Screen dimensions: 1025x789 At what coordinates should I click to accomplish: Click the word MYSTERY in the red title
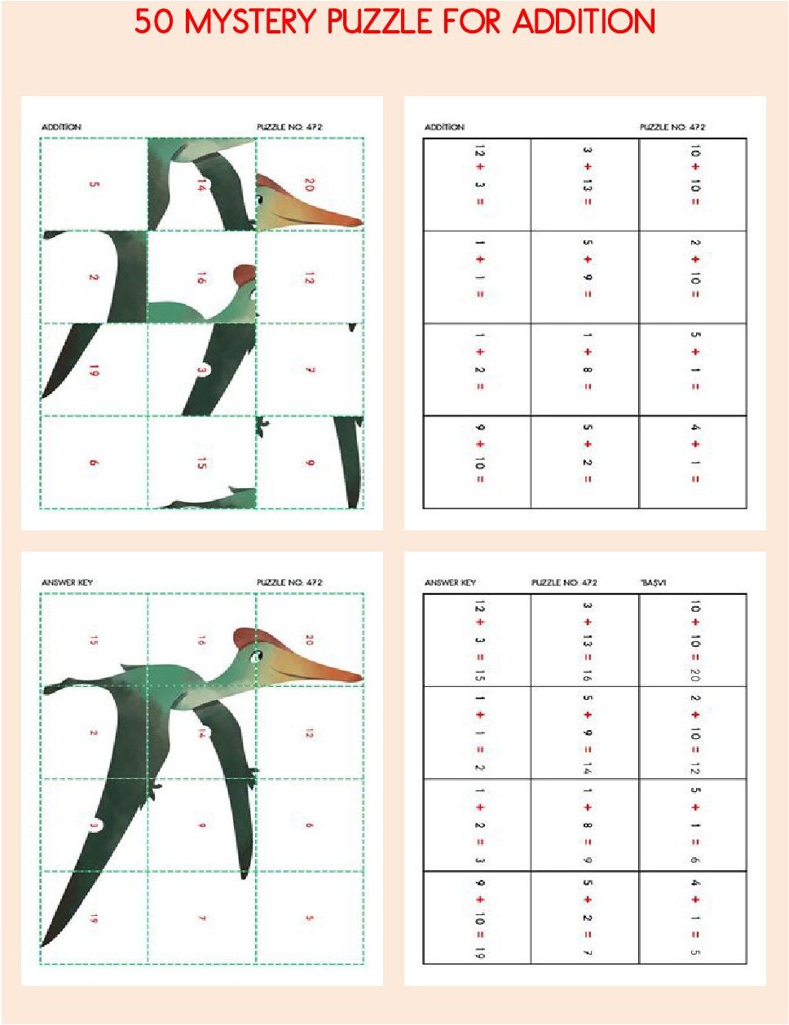[251, 22]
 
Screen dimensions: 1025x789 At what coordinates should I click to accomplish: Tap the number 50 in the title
[153, 22]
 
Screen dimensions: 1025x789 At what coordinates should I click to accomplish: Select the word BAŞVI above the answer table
[654, 583]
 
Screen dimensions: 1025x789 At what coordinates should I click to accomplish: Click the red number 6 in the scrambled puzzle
[94, 463]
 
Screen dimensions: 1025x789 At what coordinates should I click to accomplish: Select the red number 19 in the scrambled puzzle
[94, 370]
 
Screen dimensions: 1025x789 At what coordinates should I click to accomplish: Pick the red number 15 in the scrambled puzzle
[201, 463]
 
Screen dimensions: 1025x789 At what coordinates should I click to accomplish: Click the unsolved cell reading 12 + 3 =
[478, 185]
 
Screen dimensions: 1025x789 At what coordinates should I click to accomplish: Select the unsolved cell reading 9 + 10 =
[478, 462]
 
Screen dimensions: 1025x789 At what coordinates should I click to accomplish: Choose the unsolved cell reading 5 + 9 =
[585, 277]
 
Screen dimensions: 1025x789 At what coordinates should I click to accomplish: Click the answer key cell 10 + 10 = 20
[693, 640]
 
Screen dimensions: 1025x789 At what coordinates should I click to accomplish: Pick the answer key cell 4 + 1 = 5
[693, 917]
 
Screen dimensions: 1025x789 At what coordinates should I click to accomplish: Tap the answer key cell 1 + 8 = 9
[585, 825]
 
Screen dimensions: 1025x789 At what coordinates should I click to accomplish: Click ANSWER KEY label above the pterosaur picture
[67, 583]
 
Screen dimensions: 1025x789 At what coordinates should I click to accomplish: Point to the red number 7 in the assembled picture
[201, 918]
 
